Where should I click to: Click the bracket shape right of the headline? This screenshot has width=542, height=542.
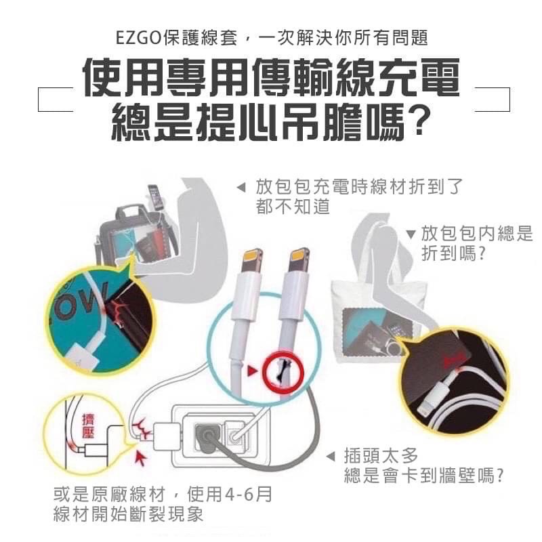point(493,99)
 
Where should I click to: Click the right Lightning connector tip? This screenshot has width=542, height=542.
point(299,262)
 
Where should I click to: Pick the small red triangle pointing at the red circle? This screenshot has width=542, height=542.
point(252,371)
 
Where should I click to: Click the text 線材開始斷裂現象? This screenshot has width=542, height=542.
point(128,515)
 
